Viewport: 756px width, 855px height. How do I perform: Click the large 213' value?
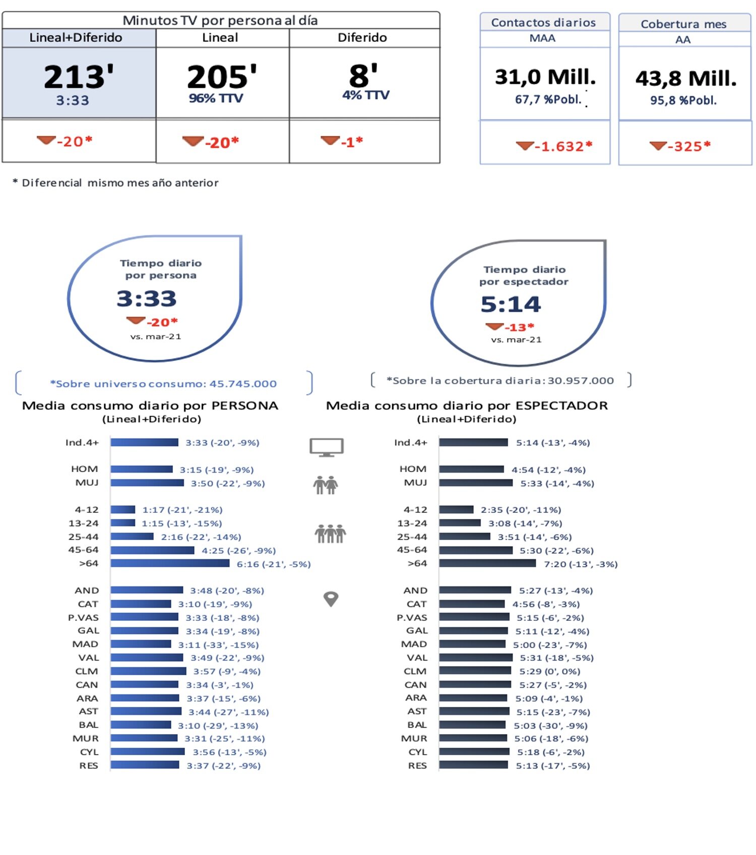click(79, 77)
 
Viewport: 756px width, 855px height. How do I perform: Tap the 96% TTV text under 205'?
click(216, 98)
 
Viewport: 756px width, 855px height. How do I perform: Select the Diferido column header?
click(362, 38)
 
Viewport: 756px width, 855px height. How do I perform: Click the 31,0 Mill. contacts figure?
click(545, 77)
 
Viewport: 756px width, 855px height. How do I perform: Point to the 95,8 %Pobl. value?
click(683, 100)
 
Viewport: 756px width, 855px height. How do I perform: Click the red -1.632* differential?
click(563, 147)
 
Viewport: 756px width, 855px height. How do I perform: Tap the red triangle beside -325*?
click(658, 146)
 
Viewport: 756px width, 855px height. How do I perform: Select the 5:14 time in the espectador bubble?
click(510, 304)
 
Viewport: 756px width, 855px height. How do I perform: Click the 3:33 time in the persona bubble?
click(147, 298)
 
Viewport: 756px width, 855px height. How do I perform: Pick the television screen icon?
click(327, 446)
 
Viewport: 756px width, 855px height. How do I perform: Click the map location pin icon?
click(331, 599)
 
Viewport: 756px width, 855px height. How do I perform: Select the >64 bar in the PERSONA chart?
click(170, 563)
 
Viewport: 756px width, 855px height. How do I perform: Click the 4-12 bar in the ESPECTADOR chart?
click(456, 510)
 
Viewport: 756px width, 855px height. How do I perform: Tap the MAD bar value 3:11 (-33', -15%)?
click(218, 644)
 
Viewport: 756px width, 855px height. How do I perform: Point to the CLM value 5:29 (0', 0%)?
click(549, 671)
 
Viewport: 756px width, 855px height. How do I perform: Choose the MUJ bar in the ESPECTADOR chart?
click(475, 483)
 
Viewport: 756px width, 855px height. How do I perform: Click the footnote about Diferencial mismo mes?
click(115, 183)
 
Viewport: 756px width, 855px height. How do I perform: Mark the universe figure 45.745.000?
click(243, 384)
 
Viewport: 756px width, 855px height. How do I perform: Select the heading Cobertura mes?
click(683, 24)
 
